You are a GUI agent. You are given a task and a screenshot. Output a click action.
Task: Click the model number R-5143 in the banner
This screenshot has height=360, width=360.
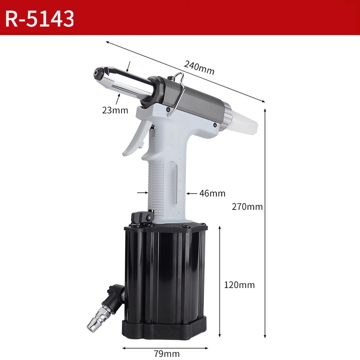click(x=40, y=18)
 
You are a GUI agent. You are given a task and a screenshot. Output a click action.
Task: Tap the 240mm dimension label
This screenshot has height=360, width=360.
click(x=199, y=69)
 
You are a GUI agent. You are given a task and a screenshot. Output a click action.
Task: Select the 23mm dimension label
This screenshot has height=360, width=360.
click(x=115, y=110)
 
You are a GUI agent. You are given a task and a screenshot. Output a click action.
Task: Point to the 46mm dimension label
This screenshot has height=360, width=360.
click(x=212, y=193)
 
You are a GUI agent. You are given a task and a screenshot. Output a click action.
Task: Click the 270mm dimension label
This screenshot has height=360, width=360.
click(x=247, y=207)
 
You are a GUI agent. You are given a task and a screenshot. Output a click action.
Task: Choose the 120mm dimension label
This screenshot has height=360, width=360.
click(x=239, y=285)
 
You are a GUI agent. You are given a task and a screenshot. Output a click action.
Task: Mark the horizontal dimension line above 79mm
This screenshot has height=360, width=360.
click(x=165, y=347)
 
